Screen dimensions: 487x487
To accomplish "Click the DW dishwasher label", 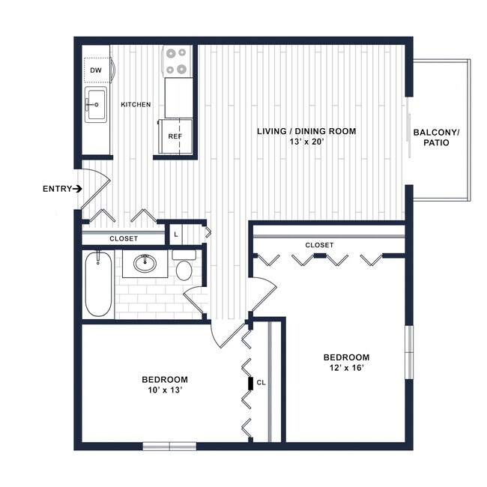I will point(96,70).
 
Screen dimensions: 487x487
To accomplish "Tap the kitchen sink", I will point(96,104).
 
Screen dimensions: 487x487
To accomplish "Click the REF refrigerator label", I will point(175,136).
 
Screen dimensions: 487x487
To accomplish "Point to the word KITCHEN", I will point(136,104).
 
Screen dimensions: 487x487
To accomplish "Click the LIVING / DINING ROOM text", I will point(306,131).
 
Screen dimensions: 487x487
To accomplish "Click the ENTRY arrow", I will point(79,189).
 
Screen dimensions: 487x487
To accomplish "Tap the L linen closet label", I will point(175,235).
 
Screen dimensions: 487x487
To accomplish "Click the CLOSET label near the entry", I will point(123,238).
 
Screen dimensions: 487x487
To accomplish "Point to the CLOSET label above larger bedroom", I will point(319,245).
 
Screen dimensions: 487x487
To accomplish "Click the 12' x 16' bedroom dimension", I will point(346,367).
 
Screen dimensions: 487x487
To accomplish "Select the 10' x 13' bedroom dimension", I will point(165,390).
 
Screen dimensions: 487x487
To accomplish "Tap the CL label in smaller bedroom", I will point(261,382).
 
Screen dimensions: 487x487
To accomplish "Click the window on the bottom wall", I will point(169,447).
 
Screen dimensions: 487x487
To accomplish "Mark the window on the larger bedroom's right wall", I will point(409,352).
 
